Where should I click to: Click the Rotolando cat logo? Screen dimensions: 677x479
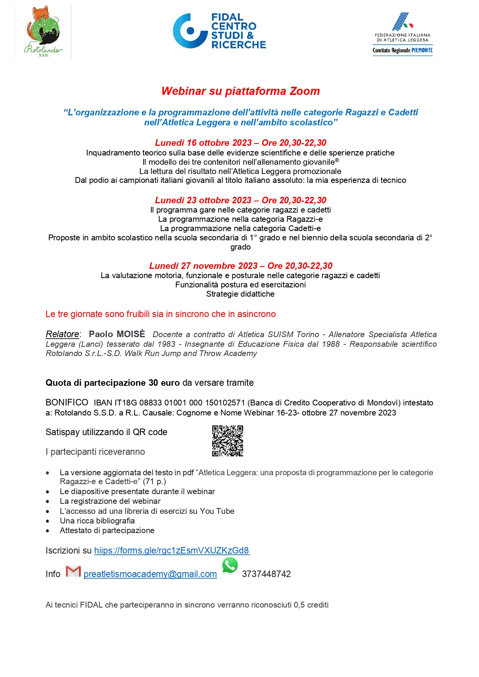click(43, 32)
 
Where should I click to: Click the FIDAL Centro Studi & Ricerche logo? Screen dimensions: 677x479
click(219, 31)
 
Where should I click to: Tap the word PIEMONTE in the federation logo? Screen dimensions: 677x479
click(422, 51)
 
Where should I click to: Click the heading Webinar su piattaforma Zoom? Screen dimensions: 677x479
click(240, 91)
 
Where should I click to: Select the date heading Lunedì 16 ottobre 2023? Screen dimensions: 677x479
click(203, 143)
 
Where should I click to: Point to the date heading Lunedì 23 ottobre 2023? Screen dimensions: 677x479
click(203, 200)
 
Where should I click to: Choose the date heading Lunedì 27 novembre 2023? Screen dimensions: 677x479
click(203, 266)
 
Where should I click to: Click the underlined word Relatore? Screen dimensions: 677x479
click(62, 334)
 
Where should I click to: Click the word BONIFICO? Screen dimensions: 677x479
click(67, 403)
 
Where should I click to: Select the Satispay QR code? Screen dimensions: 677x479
click(228, 441)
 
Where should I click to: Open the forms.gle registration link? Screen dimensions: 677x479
click(172, 550)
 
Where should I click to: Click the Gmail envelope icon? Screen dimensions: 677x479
click(73, 571)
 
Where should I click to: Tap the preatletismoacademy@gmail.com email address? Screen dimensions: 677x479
click(150, 574)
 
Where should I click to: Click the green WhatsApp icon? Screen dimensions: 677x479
click(230, 566)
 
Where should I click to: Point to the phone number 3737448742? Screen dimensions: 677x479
click(266, 574)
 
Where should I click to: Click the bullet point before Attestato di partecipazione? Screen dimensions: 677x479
click(47, 531)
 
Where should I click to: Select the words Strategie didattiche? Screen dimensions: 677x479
click(240, 294)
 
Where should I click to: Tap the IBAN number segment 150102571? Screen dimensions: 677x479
click(225, 403)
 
